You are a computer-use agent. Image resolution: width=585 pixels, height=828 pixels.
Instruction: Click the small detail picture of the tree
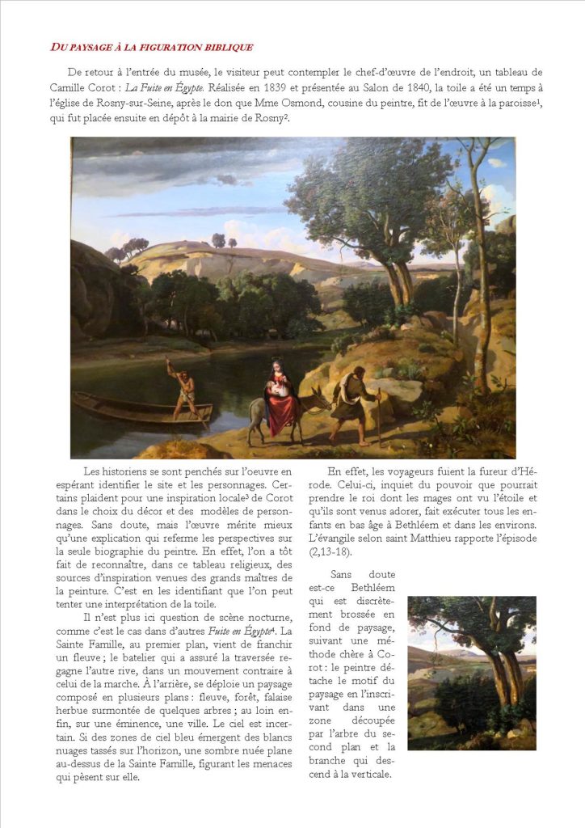point(471,673)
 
